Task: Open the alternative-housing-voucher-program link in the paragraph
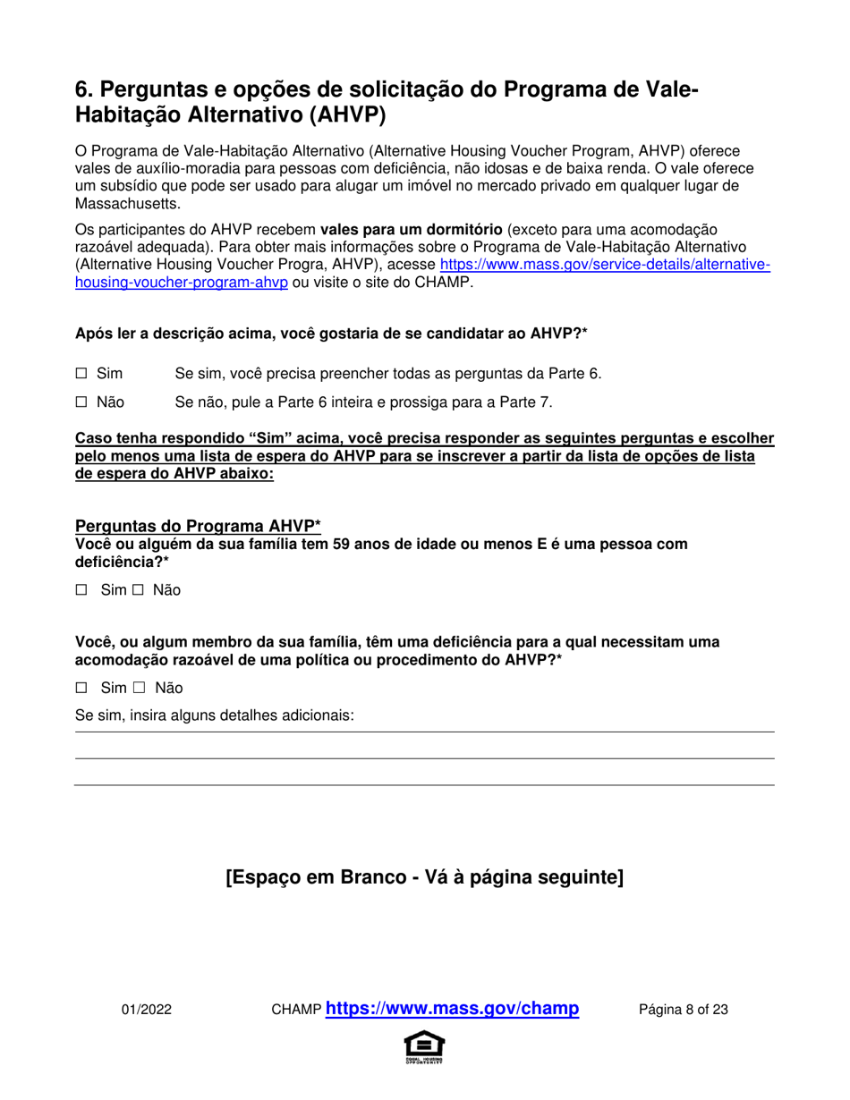604,265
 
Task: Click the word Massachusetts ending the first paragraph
128,204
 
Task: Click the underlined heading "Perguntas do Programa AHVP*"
198,527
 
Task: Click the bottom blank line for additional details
424,784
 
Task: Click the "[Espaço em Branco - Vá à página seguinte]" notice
424,877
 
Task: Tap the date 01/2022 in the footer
147,1010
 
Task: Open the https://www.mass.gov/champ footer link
453,1009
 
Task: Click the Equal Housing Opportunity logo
424,1047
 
